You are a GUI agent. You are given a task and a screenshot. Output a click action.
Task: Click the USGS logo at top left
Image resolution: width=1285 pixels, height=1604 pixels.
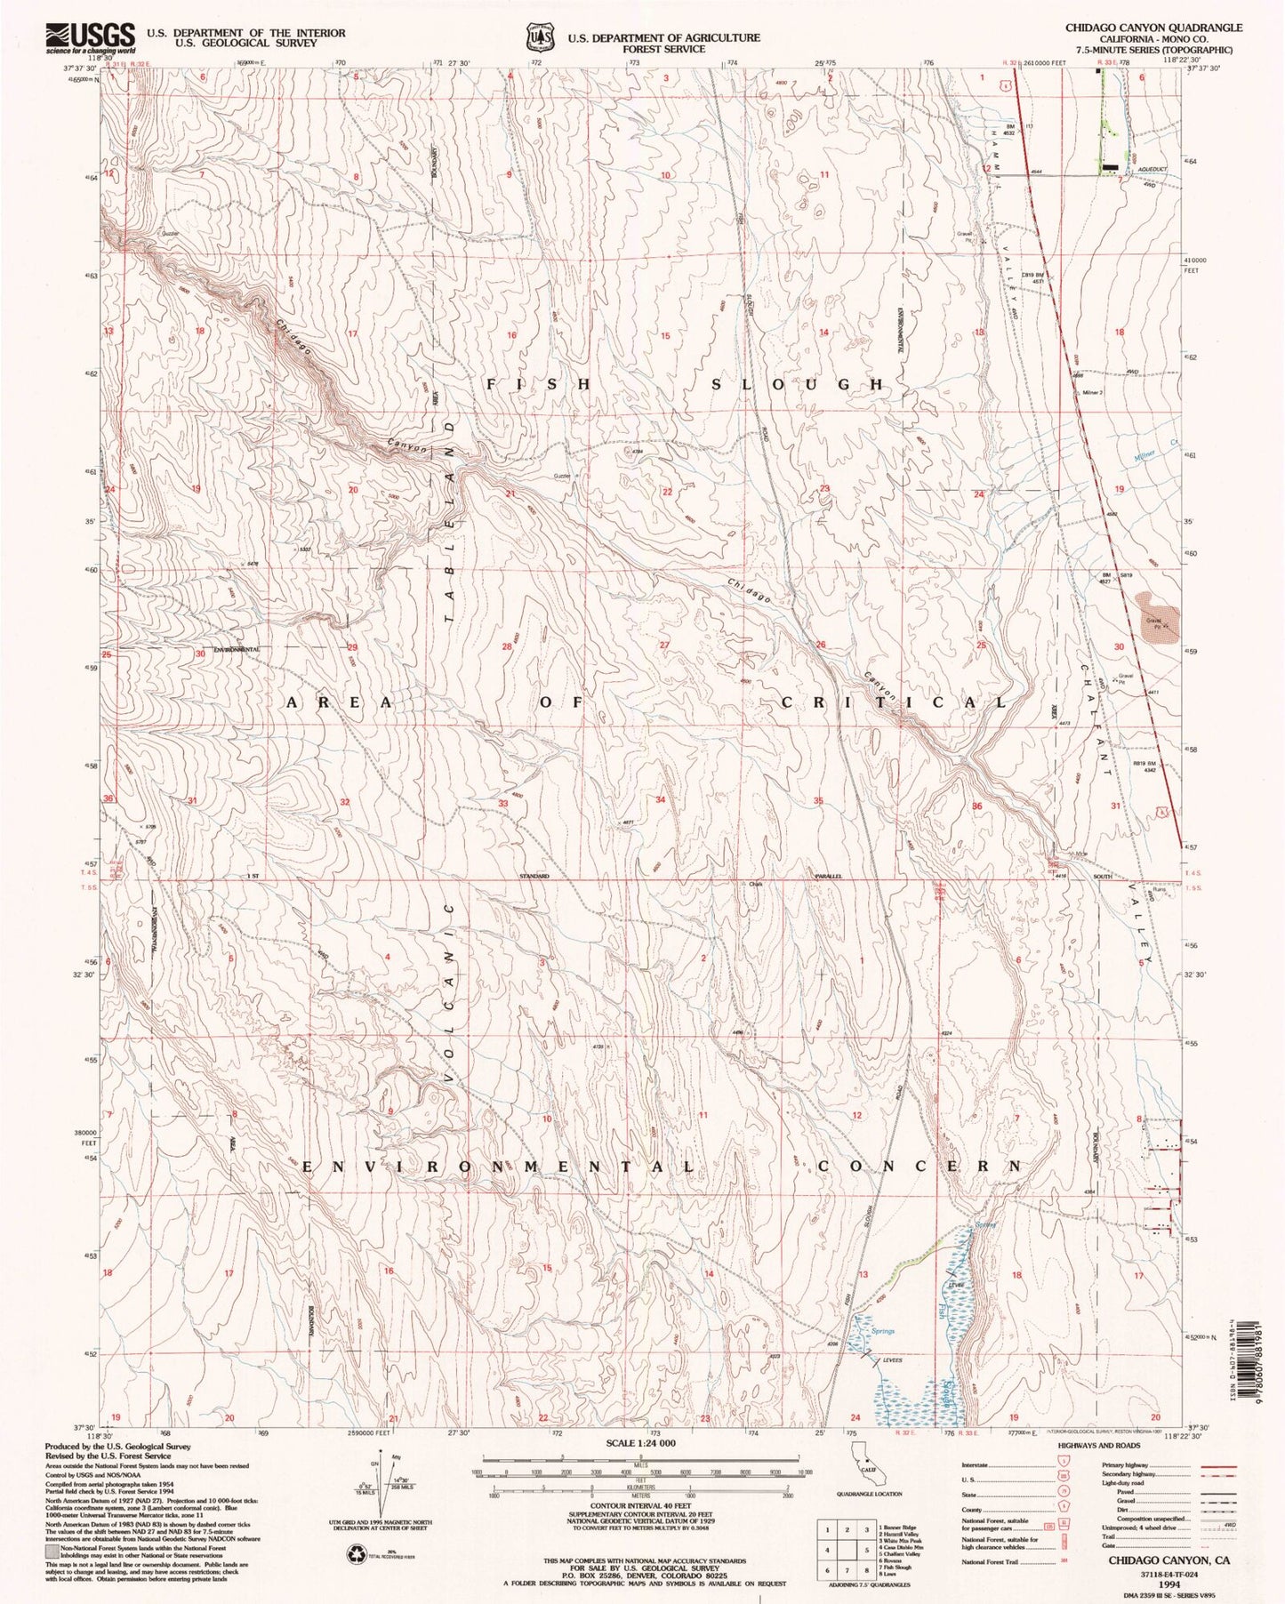tap(89, 38)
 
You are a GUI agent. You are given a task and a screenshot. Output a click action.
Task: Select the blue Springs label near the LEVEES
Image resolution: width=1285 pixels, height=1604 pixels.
tap(882, 1331)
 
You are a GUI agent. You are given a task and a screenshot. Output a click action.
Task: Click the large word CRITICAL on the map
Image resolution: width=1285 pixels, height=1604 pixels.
tap(894, 702)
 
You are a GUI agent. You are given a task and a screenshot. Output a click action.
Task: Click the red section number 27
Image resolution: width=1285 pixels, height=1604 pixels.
tap(663, 644)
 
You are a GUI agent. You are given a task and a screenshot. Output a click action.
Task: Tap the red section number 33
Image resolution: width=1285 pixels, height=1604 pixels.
tap(502, 803)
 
